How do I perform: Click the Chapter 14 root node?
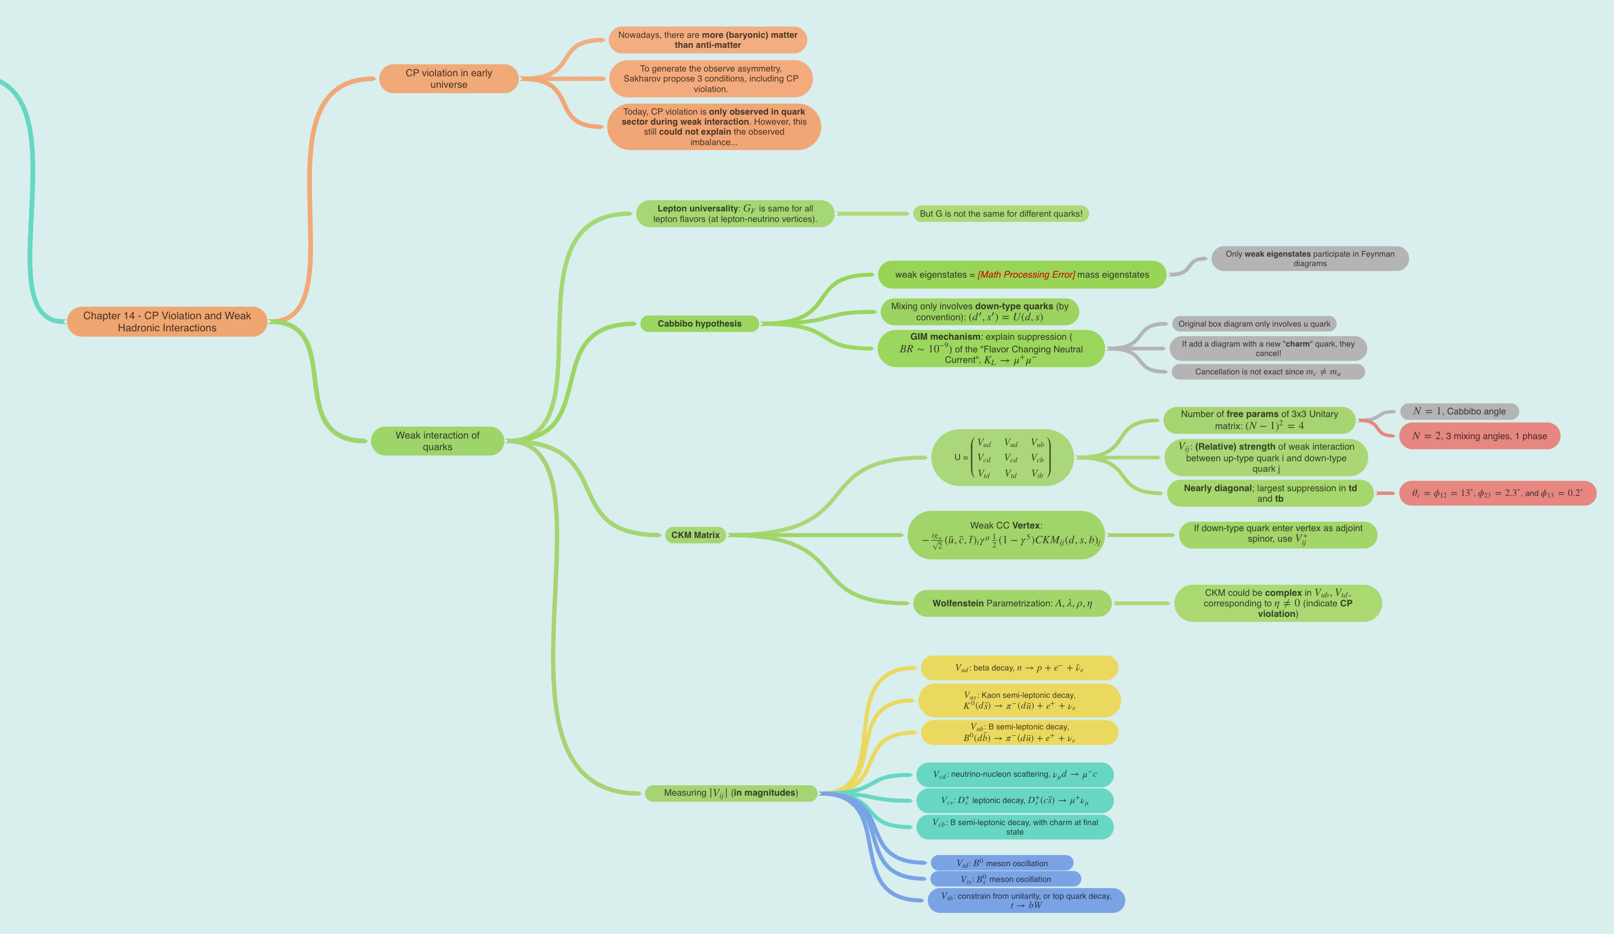coord(167,321)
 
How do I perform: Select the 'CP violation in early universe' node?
coord(448,79)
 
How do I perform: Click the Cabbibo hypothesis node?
coord(699,324)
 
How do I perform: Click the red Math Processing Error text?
coord(1026,275)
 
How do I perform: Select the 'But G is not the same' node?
coord(1001,214)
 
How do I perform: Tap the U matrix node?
coord(1002,458)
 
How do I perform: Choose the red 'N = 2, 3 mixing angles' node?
coord(1479,436)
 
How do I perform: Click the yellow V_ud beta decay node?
coord(1019,668)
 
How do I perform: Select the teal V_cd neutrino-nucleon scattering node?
coord(1014,775)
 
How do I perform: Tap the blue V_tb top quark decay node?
coord(1025,900)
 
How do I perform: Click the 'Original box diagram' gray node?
coord(1254,324)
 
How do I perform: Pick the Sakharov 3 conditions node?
coord(710,79)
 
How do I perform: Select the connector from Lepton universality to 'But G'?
coord(872,214)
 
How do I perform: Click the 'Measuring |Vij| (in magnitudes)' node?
coord(730,793)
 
